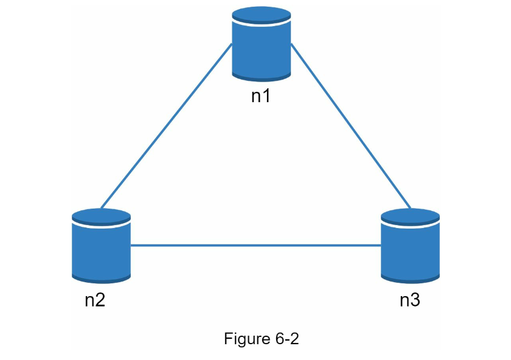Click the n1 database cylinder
point(262,44)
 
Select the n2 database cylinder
point(101,246)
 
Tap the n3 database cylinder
point(410,246)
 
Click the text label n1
point(261,96)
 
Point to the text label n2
point(95,300)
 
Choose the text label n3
point(410,300)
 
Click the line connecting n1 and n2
point(167,126)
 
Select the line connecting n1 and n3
point(350,126)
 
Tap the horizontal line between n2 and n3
point(256,245)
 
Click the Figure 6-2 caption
point(262,339)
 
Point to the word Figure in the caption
point(248,339)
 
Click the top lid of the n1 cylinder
point(262,15)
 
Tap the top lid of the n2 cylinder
point(101,217)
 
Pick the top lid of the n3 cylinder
point(410,217)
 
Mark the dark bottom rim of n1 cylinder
point(262,78)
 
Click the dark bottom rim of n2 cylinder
point(101,280)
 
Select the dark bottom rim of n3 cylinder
point(410,280)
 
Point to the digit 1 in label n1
point(266,96)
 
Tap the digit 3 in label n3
point(415,300)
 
